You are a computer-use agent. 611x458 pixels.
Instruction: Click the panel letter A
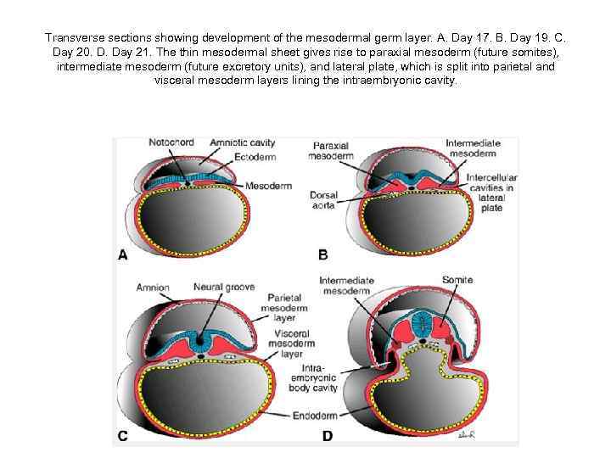123,254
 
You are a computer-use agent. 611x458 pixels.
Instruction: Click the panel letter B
322,254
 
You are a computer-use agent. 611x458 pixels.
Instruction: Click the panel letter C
123,437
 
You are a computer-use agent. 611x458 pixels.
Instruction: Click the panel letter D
327,437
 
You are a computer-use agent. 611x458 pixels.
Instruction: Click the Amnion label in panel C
153,288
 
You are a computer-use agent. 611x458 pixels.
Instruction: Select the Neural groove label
223,288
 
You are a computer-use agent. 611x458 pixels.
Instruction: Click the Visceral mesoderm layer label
291,345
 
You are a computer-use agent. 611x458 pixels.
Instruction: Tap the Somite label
458,280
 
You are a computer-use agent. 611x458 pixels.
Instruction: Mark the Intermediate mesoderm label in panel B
472,148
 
